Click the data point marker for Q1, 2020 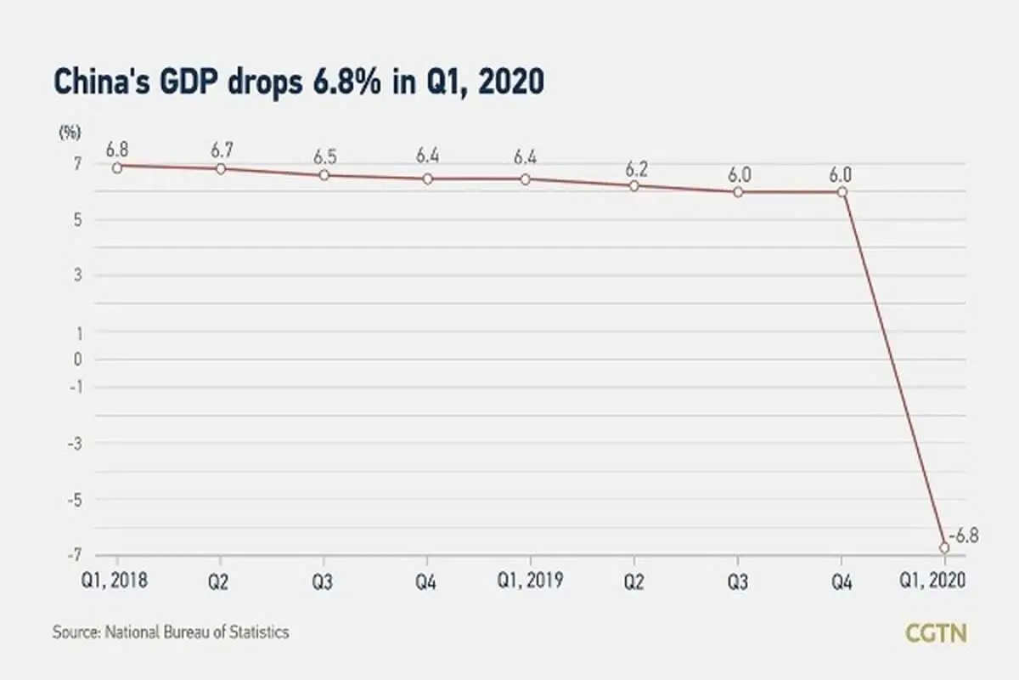(x=944, y=547)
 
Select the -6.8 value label (x=964, y=536)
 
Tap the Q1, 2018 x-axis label (x=114, y=581)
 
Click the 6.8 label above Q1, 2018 (x=117, y=150)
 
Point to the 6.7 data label (x=222, y=150)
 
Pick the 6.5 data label (x=325, y=157)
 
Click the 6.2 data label (x=636, y=169)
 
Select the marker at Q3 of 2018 (x=324, y=175)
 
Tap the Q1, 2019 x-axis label (x=530, y=581)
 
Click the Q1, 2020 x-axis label (x=932, y=581)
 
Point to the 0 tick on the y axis (x=78, y=360)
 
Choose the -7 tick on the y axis (x=75, y=555)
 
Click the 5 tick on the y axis (x=78, y=220)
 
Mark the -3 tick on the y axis (x=75, y=444)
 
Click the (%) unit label (x=70, y=133)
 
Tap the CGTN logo (x=936, y=633)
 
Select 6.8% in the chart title (x=346, y=82)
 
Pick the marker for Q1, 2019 (x=525, y=179)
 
